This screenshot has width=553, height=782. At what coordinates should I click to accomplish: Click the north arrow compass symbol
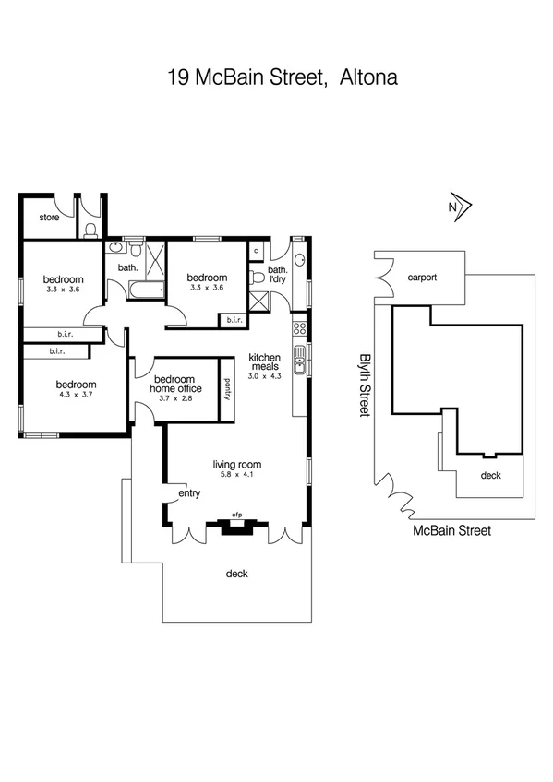(457, 208)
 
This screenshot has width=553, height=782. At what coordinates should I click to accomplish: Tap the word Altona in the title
(367, 77)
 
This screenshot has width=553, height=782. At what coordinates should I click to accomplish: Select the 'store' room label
(50, 219)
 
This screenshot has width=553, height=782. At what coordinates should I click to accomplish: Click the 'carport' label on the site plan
(421, 277)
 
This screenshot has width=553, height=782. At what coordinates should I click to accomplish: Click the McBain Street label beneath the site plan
(451, 530)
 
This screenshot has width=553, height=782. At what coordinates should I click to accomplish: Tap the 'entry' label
(189, 493)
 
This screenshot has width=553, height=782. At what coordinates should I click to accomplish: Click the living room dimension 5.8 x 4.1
(237, 475)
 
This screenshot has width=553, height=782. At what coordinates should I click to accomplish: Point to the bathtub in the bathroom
(138, 291)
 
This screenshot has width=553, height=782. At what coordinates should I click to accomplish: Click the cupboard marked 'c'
(254, 250)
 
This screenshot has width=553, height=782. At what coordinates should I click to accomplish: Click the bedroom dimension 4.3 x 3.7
(75, 395)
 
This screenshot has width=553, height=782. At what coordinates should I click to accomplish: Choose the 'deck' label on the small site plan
(490, 476)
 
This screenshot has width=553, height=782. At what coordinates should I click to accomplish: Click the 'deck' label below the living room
(236, 574)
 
